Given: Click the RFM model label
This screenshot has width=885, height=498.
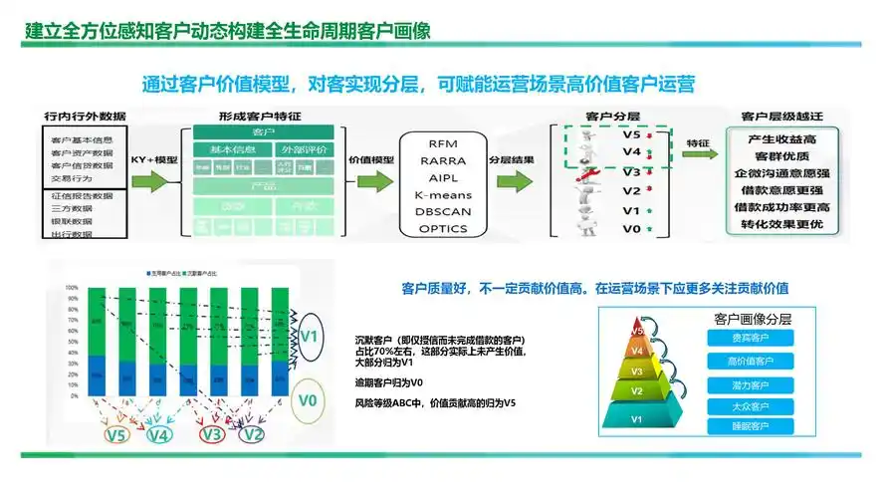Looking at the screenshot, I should pyautogui.click(x=443, y=144).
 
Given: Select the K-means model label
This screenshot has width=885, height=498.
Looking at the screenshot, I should pyautogui.click(x=443, y=194).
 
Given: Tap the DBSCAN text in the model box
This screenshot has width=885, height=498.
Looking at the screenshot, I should pyautogui.click(x=443, y=211).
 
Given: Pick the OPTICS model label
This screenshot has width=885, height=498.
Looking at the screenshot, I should pyautogui.click(x=443, y=228).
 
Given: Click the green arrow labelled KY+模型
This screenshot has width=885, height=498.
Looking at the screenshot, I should pyautogui.click(x=154, y=182).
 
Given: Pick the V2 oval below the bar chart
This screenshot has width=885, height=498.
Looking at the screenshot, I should pyautogui.click(x=253, y=434).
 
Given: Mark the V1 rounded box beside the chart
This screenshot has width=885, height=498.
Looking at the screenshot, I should pyautogui.click(x=309, y=334).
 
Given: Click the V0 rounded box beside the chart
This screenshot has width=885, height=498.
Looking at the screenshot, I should pyautogui.click(x=309, y=401).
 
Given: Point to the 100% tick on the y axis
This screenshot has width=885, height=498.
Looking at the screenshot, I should pyautogui.click(x=72, y=288).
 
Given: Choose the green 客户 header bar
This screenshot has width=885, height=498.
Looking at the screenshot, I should pyautogui.click(x=264, y=132).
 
